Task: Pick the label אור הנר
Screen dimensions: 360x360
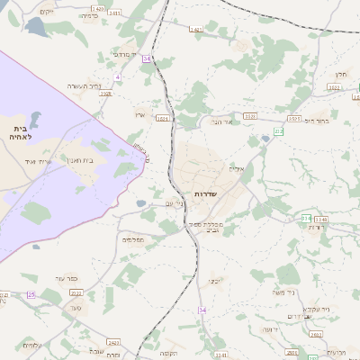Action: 222,121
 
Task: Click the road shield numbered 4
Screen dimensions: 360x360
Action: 117,77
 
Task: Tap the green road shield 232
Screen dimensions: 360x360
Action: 279,131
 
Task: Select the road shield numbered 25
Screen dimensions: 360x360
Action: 31,294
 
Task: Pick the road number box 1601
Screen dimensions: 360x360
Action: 162,118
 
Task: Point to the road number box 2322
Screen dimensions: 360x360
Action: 76,292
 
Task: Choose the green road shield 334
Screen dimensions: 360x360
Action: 306,218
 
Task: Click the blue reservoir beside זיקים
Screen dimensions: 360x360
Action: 39,27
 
